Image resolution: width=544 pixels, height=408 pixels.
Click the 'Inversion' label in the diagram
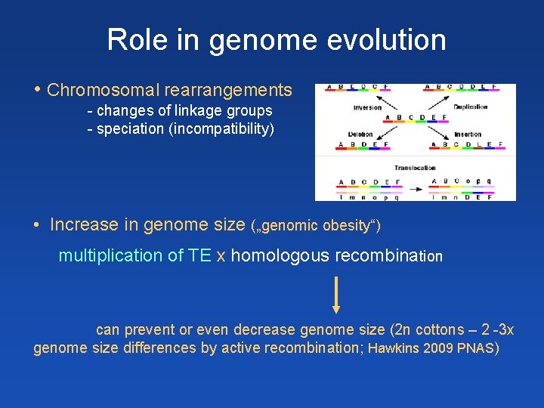pyautogui.click(x=367, y=107)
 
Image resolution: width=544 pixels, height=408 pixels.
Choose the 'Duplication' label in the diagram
pyautogui.click(x=470, y=107)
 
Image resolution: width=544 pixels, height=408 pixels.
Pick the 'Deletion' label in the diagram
pyautogui.click(x=360, y=134)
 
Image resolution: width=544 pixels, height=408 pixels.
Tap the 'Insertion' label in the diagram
pyautogui.click(x=468, y=134)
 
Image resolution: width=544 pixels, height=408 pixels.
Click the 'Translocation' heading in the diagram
pyautogui.click(x=415, y=168)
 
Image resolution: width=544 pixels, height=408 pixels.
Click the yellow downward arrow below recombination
pyautogui.click(x=336, y=294)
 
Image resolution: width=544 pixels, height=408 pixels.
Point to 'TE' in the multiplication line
pyautogui.click(x=199, y=256)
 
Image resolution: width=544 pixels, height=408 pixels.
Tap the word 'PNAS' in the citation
pyautogui.click(x=475, y=348)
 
